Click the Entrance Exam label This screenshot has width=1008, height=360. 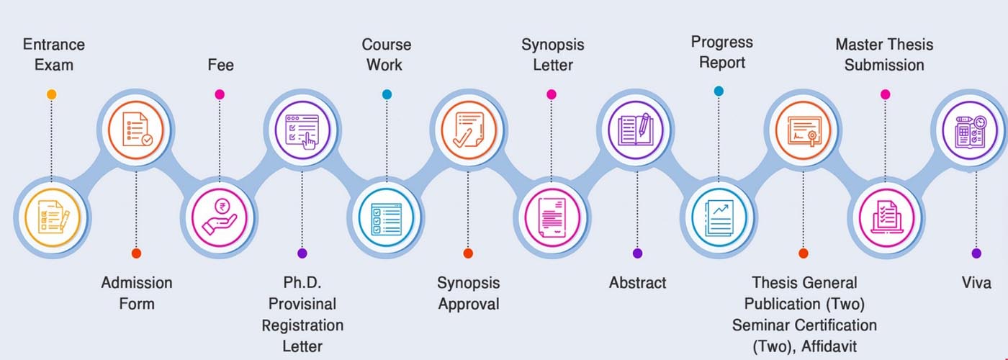pos(53,55)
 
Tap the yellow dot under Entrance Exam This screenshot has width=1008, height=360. pos(51,94)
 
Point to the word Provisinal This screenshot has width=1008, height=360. pos(302,304)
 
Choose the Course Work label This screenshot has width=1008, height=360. pos(386,55)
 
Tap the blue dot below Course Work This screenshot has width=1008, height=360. pos(387,94)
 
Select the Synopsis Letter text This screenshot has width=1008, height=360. pos(552,55)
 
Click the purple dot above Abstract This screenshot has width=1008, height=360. pos(637,253)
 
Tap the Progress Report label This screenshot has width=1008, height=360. pos(721,53)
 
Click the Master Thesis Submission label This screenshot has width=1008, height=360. pos(884,55)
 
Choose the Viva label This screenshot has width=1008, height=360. pos(976,283)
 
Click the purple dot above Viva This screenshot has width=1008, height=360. pos(976,253)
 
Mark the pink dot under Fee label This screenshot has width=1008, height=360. pos(220,94)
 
